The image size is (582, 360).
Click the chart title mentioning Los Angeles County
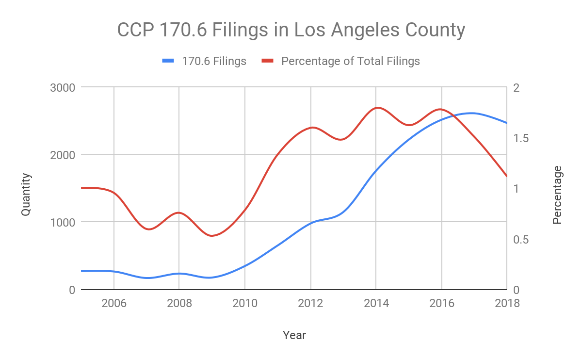pos(291,30)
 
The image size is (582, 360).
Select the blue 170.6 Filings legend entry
pos(204,61)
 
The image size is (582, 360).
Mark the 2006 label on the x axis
pos(113,304)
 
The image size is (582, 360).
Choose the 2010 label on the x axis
pos(245,304)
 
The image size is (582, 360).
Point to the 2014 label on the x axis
pos(376,304)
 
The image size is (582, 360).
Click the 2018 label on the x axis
pos(506,304)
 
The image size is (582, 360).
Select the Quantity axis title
pos(26,195)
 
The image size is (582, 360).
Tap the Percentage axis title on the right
pos(557,195)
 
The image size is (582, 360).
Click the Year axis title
pos(294,335)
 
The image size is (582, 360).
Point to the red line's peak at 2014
pos(377,108)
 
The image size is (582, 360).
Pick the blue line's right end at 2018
pos(506,123)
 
